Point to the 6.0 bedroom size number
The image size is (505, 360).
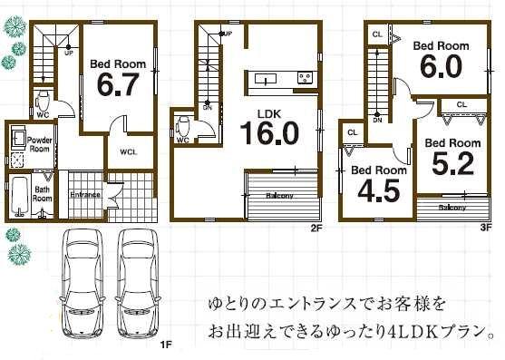click(441, 68)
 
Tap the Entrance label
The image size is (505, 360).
click(85, 195)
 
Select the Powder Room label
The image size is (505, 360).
click(38, 145)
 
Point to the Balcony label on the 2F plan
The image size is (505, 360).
click(278, 195)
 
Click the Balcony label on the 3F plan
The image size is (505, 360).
click(452, 208)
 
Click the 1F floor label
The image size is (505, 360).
click(166, 345)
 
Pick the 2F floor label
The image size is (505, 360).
click(316, 229)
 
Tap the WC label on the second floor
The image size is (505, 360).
click(182, 141)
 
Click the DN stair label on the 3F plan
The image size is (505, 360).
click(376, 119)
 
